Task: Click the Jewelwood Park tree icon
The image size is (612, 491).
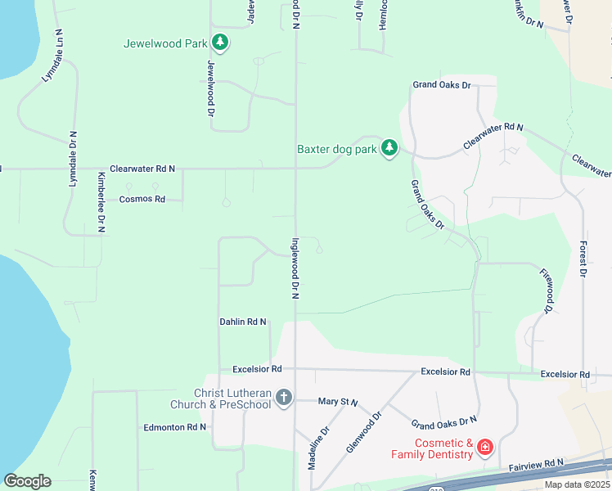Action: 219,43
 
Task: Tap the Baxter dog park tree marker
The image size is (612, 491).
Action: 390,148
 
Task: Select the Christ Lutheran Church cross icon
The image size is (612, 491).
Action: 283,398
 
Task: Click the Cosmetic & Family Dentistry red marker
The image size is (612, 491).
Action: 484,447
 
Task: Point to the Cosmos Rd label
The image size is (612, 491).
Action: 142,199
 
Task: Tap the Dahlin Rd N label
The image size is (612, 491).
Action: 243,322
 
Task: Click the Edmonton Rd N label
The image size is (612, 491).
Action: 175,427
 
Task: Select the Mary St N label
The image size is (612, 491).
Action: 339,402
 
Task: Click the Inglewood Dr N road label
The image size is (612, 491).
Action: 295,268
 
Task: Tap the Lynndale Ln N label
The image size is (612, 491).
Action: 53,57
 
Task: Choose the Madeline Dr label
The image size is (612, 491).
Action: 318,447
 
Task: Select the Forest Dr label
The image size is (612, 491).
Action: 583,258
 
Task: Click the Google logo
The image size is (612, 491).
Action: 27,481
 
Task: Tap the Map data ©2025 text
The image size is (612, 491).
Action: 577,484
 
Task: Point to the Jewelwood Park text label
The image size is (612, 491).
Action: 165,43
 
